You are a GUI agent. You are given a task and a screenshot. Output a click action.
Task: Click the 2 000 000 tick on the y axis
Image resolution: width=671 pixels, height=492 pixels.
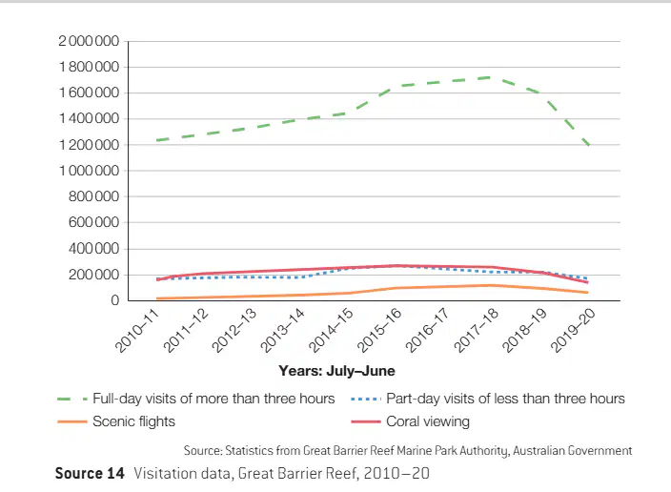pos(89,41)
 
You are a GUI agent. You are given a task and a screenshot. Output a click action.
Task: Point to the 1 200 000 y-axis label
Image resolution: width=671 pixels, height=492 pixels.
pos(89,145)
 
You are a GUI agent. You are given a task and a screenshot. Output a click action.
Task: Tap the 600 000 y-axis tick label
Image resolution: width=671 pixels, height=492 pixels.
pos(93,223)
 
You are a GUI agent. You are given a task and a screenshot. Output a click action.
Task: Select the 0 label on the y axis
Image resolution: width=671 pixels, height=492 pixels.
pos(114,300)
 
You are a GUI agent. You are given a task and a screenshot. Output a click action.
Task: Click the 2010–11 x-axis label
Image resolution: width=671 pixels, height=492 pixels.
pos(137,331)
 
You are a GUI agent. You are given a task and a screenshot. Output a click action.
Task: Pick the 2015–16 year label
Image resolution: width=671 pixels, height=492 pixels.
pos(379,331)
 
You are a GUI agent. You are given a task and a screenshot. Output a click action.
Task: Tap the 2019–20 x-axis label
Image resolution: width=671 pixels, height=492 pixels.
pos(573,331)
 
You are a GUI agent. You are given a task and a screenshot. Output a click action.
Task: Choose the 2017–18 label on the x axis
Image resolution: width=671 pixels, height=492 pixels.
pos(477,331)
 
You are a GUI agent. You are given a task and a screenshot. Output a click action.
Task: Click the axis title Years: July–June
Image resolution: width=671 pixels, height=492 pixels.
pos(336,371)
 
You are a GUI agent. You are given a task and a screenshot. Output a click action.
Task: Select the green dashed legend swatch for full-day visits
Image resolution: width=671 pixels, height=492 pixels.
pos(72,400)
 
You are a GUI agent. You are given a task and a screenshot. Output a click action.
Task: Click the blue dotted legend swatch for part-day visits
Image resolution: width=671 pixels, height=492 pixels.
pos(365,400)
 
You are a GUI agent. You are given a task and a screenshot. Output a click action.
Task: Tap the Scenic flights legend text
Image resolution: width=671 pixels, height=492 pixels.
pos(134,421)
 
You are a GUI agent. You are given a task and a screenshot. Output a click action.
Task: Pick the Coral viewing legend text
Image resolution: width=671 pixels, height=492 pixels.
pos(428,421)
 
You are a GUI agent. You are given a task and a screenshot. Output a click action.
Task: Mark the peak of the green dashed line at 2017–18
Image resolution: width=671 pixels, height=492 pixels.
pos(490,77)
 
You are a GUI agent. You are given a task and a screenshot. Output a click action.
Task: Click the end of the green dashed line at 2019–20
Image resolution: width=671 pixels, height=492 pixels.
pos(589,145)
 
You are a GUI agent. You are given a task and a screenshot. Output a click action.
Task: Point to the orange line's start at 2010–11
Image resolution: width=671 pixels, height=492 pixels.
pos(157,298)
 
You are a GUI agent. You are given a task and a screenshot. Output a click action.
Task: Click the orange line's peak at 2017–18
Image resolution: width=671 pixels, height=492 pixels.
pos(490,285)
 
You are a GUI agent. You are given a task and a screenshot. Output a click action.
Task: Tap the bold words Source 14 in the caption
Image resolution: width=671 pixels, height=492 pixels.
pos(90,474)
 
